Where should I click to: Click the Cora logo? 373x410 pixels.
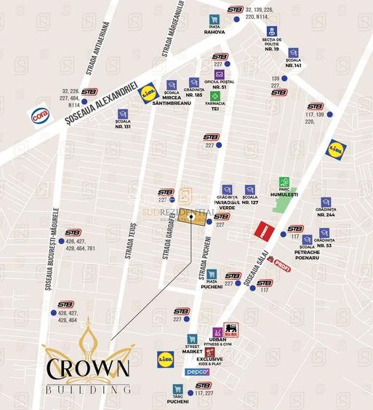pos(39,115)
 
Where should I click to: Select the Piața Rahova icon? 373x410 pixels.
pos(214,20)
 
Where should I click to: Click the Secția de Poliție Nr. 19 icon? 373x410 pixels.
pos(272,32)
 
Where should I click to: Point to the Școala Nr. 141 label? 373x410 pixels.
pos(293,63)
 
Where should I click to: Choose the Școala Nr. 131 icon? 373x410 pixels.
pos(123,114)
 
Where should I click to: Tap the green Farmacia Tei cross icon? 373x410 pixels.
pos(215,96)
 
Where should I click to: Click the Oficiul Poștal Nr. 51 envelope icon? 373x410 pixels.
pos(218,75)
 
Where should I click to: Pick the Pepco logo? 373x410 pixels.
pos(197,372)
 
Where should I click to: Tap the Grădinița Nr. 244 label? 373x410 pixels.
pos(326,211)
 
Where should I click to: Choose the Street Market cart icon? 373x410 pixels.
pos(192,339)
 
